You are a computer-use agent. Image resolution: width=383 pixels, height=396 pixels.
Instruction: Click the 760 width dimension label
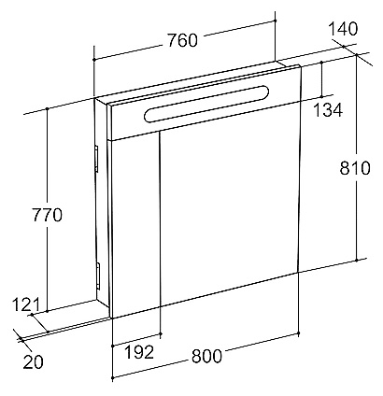point(183,40)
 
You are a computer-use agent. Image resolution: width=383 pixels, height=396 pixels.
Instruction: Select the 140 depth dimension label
point(343,29)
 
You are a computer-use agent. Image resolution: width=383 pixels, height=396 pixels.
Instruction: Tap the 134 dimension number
point(328,110)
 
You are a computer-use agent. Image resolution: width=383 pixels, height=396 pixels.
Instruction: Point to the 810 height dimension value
point(355,168)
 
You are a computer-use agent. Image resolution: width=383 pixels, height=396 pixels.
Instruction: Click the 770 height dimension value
point(48,215)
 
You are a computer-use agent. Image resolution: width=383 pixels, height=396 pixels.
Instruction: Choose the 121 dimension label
point(26,304)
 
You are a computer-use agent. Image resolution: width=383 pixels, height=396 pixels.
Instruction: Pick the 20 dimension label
point(33,361)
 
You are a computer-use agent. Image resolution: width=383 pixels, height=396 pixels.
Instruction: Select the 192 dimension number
point(139,352)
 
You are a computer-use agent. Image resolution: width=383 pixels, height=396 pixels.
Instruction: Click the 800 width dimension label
point(206,356)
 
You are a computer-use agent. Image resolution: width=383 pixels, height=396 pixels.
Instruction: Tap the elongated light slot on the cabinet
point(206,103)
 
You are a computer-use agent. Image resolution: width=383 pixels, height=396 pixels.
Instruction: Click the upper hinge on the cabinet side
point(96,159)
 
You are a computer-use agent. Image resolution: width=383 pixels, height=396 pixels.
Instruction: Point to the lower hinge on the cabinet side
point(98,276)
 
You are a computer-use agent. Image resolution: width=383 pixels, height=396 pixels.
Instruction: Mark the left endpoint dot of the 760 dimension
point(93,59)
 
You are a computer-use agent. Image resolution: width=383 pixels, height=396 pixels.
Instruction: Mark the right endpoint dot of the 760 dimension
point(276,21)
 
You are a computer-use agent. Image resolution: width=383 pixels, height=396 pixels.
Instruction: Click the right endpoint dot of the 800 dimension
point(299,333)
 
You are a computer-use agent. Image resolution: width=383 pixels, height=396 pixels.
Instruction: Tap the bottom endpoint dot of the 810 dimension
point(357,260)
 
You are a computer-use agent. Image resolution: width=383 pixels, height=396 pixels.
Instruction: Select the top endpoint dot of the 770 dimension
point(47,108)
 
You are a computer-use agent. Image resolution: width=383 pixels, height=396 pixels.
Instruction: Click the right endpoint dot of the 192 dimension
point(161,333)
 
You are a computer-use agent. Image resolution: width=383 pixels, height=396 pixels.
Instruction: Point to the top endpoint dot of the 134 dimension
point(322,63)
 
